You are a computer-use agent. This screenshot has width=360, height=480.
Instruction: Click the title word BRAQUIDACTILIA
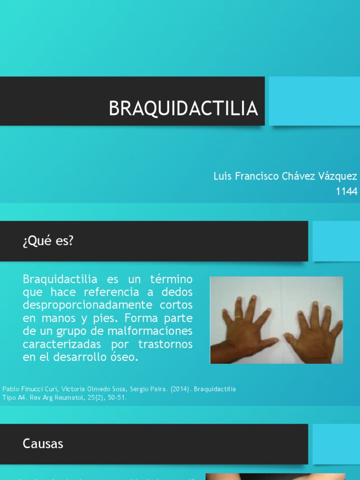[183, 108]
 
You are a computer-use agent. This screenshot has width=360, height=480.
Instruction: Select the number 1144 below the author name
[346, 191]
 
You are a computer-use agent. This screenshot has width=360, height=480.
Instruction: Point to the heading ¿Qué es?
[48, 241]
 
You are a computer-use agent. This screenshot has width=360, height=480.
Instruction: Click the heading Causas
[43, 444]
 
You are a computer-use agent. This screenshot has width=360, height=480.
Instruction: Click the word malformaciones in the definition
[140, 331]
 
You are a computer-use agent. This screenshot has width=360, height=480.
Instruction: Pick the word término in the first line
[171, 279]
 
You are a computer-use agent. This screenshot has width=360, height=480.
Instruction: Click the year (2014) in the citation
[180, 389]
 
